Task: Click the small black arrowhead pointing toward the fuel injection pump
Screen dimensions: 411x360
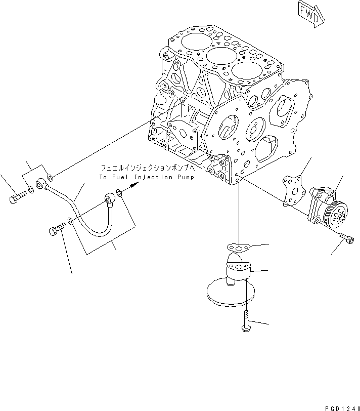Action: (132, 187)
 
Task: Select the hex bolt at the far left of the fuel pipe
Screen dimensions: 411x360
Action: (15, 198)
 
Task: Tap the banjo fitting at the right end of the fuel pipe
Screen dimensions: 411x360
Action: (109, 198)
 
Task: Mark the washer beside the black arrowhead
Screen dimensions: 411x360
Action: (119, 192)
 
